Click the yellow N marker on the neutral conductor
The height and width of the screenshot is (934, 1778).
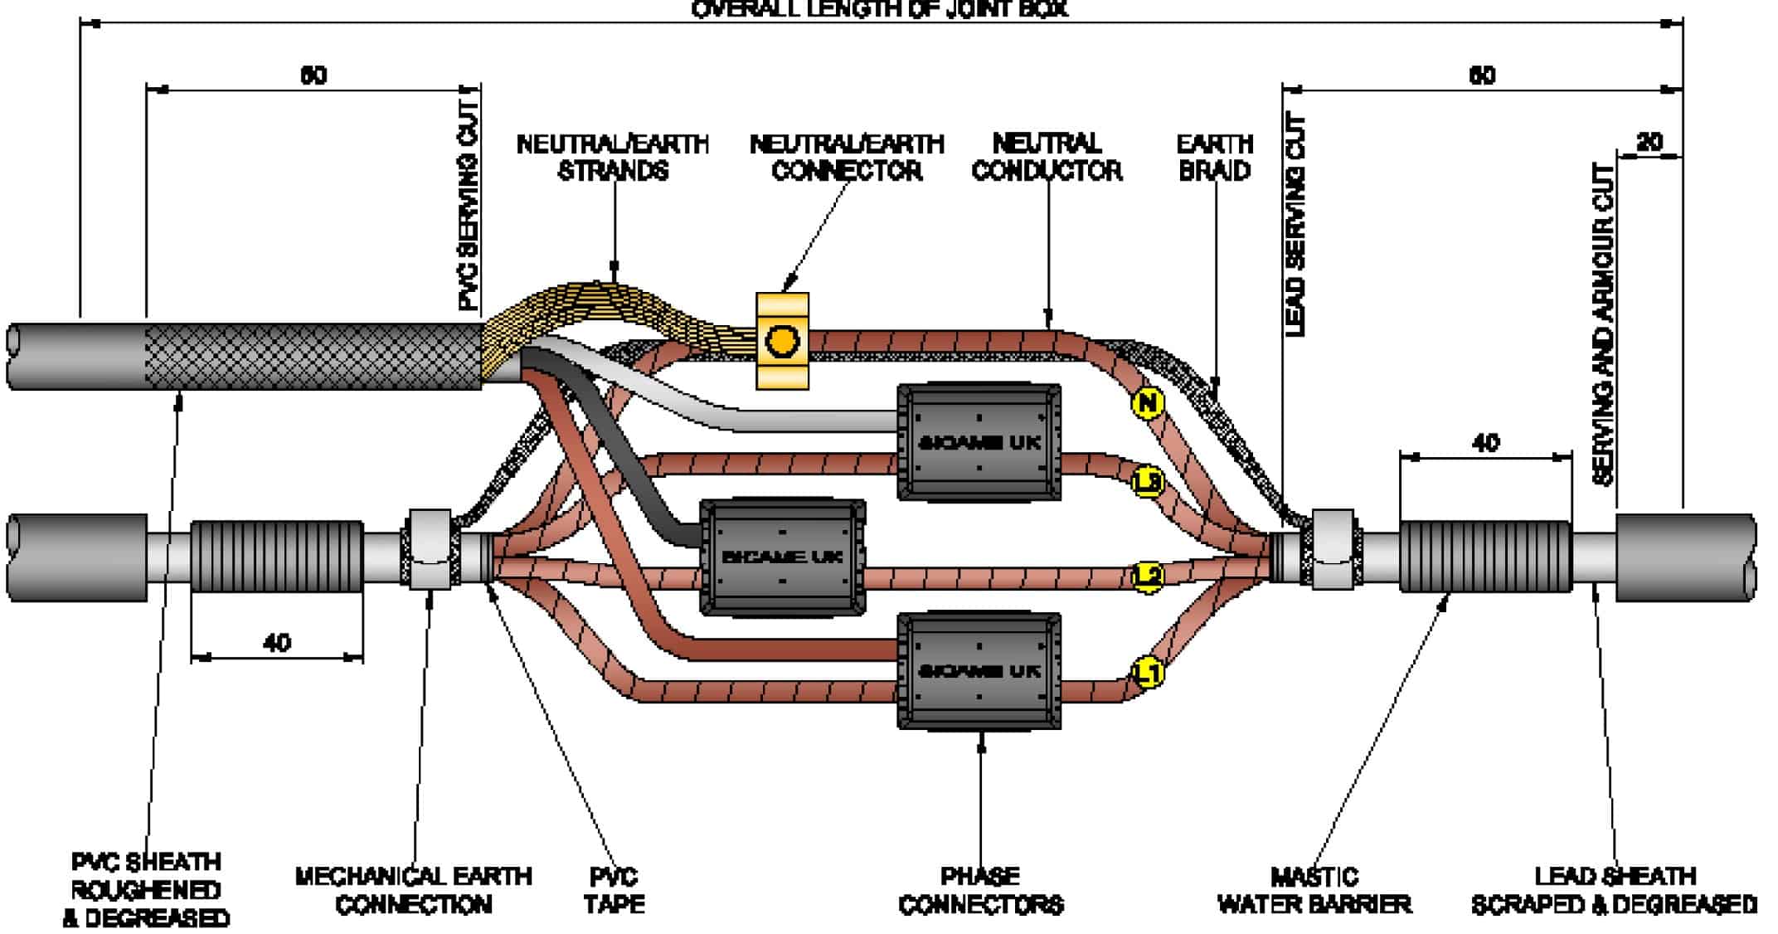coord(1147,403)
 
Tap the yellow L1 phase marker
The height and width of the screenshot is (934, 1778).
coord(1149,673)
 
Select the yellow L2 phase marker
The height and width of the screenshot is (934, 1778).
coord(1148,576)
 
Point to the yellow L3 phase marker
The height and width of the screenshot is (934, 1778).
coord(1148,481)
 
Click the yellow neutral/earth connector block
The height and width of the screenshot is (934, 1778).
coord(782,341)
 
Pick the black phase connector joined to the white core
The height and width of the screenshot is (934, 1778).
coord(979,442)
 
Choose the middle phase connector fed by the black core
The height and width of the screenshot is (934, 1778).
coord(782,557)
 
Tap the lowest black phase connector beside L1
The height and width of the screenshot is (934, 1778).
coord(979,670)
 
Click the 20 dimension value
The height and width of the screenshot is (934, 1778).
coord(1649,143)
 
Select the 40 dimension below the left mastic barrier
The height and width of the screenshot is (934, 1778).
coord(277,643)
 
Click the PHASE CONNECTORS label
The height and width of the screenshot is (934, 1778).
coord(980,890)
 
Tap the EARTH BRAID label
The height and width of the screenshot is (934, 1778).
coord(1214,157)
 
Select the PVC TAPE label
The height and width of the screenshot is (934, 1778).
coord(614,890)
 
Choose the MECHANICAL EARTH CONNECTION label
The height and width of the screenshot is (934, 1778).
coord(413,890)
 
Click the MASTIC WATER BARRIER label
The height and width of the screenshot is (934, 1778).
coord(1314,890)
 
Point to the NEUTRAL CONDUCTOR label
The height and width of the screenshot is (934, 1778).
coord(1047,157)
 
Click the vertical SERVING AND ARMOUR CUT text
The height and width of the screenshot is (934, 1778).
coord(1604,323)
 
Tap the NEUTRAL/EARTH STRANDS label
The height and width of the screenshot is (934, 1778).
coord(613,157)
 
